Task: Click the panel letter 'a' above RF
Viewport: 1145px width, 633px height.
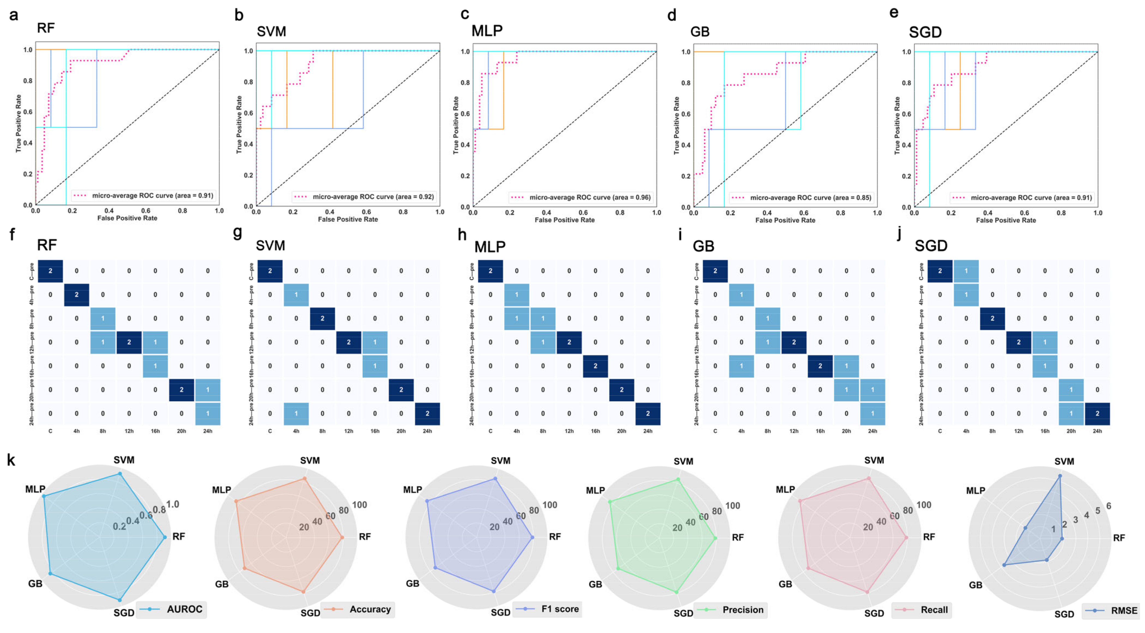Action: click(14, 15)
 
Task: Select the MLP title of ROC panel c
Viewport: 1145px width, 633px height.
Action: click(487, 31)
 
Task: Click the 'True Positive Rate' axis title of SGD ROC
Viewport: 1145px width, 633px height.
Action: click(897, 126)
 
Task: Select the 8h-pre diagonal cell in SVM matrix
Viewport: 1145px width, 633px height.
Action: click(322, 318)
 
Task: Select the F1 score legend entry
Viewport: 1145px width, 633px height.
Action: click(548, 609)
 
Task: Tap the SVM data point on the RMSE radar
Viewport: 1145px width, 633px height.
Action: click(1060, 476)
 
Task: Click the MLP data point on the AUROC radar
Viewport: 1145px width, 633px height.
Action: click(44, 496)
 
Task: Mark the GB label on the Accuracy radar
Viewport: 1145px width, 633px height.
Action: click(222, 584)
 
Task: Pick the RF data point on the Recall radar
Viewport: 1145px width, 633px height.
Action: click(906, 538)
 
